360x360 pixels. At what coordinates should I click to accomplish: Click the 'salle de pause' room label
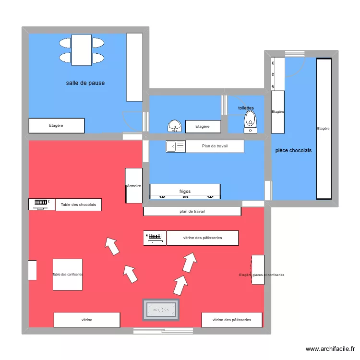(x=85, y=83)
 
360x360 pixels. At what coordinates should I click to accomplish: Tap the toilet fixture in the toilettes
(x=250, y=122)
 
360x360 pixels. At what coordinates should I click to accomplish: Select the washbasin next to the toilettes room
(x=175, y=126)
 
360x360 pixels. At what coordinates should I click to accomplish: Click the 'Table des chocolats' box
(x=78, y=204)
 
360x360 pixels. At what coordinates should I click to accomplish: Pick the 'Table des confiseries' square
(x=67, y=275)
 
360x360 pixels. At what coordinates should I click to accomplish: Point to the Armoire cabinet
(x=133, y=186)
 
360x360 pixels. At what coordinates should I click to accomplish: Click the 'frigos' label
(x=185, y=192)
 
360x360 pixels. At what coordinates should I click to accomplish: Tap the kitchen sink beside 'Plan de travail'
(x=176, y=146)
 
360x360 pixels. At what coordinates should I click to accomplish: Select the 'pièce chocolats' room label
(x=293, y=150)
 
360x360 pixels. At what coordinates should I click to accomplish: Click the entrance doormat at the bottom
(x=161, y=310)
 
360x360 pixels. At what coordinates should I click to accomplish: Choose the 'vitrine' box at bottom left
(x=87, y=320)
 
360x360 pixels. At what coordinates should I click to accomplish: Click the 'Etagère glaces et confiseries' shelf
(x=258, y=270)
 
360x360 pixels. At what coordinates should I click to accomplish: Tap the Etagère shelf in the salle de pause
(x=57, y=126)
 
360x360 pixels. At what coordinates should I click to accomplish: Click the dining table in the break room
(x=82, y=50)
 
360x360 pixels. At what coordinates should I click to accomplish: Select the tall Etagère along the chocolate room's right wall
(x=324, y=128)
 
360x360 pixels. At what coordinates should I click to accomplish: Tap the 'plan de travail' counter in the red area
(x=192, y=211)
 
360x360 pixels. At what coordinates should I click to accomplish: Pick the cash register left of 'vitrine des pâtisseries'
(x=155, y=238)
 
